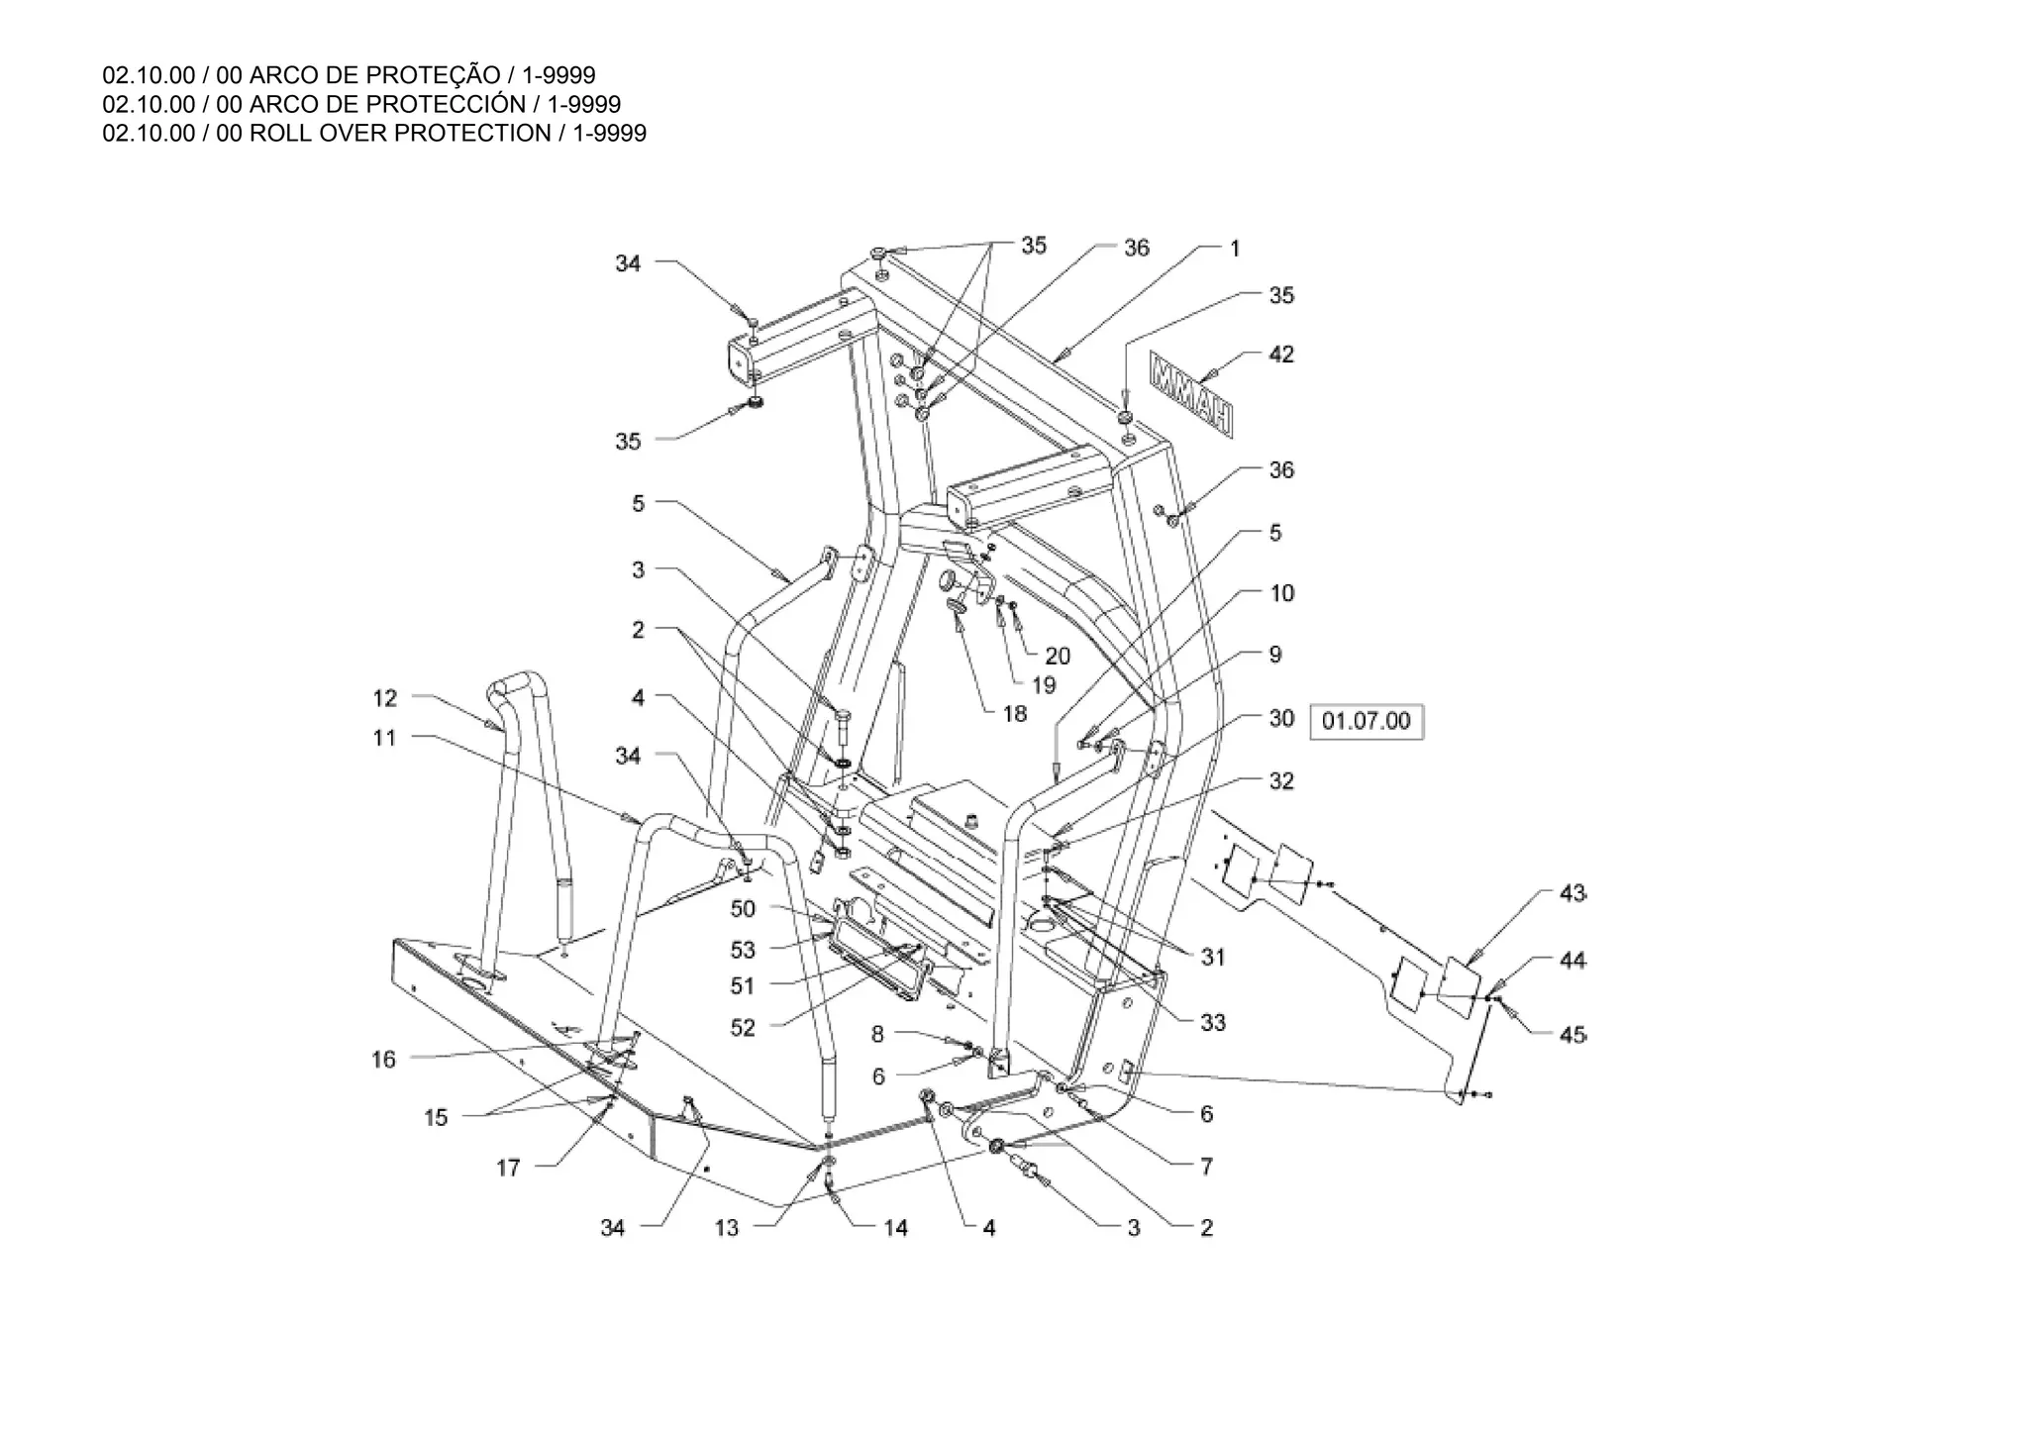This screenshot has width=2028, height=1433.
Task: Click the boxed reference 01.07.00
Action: pos(1366,721)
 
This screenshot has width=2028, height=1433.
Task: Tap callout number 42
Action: pos(1281,355)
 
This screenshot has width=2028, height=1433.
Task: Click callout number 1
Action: pos(1235,249)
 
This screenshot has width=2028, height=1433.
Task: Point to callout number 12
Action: pos(384,698)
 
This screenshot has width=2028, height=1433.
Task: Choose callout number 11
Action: pos(384,738)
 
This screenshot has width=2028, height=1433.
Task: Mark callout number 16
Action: pos(383,1060)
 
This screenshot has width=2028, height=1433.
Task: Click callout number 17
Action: pos(508,1169)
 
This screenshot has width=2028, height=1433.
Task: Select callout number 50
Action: pos(743,909)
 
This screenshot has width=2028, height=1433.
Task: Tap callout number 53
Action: pos(743,951)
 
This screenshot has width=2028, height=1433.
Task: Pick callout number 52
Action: pos(743,1028)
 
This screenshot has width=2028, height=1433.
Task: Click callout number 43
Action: pos(1572,894)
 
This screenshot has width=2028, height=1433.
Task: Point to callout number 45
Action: pos(1572,1035)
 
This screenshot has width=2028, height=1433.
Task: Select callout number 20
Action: pos(1058,656)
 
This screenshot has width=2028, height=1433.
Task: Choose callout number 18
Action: pos(1015,714)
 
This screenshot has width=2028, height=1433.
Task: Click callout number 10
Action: pos(1282,593)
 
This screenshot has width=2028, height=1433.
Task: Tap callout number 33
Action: pos(1213,1022)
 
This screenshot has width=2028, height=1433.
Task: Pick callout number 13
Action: pos(727,1228)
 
